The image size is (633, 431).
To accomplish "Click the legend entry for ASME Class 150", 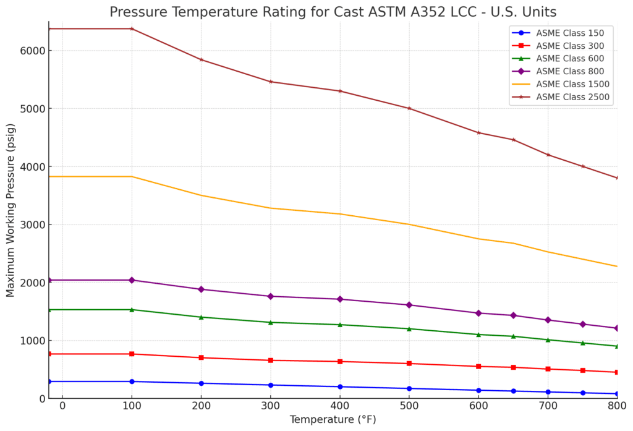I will (566, 33).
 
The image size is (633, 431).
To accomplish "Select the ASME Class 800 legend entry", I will (566, 71).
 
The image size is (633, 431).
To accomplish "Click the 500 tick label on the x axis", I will (409, 406).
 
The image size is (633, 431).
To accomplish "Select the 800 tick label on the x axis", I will (617, 406).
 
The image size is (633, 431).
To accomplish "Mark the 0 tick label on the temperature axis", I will (62, 406).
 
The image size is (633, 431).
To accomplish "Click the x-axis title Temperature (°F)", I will (333, 420).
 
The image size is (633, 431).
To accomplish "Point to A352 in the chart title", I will (432, 12).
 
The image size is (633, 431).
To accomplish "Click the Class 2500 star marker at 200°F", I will (201, 59).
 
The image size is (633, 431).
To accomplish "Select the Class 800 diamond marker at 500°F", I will (409, 305).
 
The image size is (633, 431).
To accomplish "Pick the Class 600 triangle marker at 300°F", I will (270, 322).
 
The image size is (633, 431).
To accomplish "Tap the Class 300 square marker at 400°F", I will (340, 361).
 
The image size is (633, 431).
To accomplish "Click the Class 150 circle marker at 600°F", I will (478, 390).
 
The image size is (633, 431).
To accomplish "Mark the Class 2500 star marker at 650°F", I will (513, 140).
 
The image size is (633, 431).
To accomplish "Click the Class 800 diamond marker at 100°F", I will (131, 280).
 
